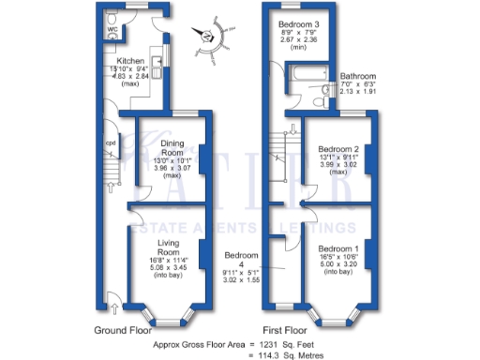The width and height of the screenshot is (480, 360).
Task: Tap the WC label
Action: coord(112,29)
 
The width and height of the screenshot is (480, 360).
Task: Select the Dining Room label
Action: coord(165,150)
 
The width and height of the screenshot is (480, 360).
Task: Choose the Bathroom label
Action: coord(357,76)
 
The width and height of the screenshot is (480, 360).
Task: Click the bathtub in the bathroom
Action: coord(294,94)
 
